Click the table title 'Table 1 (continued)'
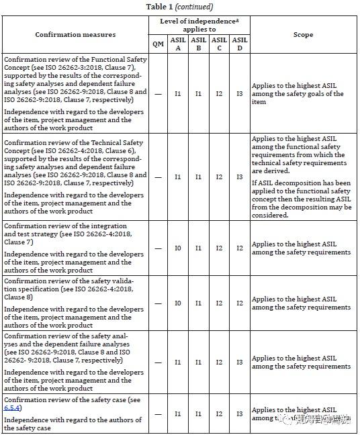(x=179, y=7)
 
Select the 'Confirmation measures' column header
(x=75, y=34)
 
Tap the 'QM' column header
(x=158, y=44)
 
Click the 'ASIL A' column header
(x=178, y=44)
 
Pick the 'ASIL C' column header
(x=219, y=44)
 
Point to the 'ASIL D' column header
(x=239, y=44)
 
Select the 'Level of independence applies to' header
(x=199, y=26)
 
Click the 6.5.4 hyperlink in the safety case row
(x=13, y=407)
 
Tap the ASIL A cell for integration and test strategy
(x=178, y=248)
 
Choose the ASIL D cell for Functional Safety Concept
(x=239, y=94)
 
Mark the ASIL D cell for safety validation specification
(x=239, y=303)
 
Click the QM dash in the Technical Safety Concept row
(x=158, y=177)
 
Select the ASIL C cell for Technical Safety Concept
(x=219, y=177)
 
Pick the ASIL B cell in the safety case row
(x=198, y=414)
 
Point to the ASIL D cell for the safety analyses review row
(x=239, y=362)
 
